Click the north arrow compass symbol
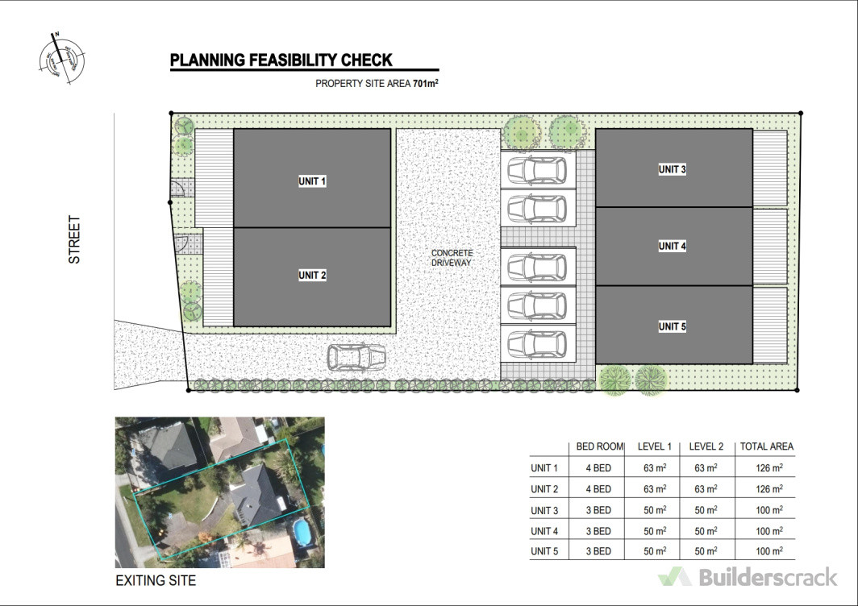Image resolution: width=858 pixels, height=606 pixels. click(x=61, y=58)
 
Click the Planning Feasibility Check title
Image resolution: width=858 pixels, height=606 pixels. click(x=281, y=60)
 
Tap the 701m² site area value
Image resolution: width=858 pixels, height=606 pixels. click(x=425, y=83)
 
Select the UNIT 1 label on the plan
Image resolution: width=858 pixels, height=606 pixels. click(x=312, y=182)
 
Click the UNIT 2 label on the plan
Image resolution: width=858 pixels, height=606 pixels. click(x=312, y=276)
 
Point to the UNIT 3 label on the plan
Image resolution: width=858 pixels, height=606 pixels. click(x=673, y=169)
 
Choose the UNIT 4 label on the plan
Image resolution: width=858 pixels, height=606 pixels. click(x=673, y=246)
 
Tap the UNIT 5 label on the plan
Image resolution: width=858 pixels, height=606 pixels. click(x=673, y=326)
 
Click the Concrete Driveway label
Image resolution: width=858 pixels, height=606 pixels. click(x=452, y=258)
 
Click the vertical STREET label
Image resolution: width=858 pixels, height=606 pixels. click(x=74, y=239)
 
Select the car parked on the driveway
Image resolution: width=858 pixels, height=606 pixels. click(x=356, y=356)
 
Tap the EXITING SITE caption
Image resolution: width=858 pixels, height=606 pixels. click(x=156, y=580)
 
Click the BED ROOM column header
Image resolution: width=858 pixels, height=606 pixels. click(x=599, y=446)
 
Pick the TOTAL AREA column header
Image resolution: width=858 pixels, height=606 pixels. click(x=766, y=446)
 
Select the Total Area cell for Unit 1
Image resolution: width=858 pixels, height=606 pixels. click(x=766, y=468)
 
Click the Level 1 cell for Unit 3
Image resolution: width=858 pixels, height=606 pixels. click(x=654, y=510)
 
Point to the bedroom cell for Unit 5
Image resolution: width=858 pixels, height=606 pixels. click(x=599, y=551)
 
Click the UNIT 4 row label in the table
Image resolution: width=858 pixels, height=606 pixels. click(x=544, y=531)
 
